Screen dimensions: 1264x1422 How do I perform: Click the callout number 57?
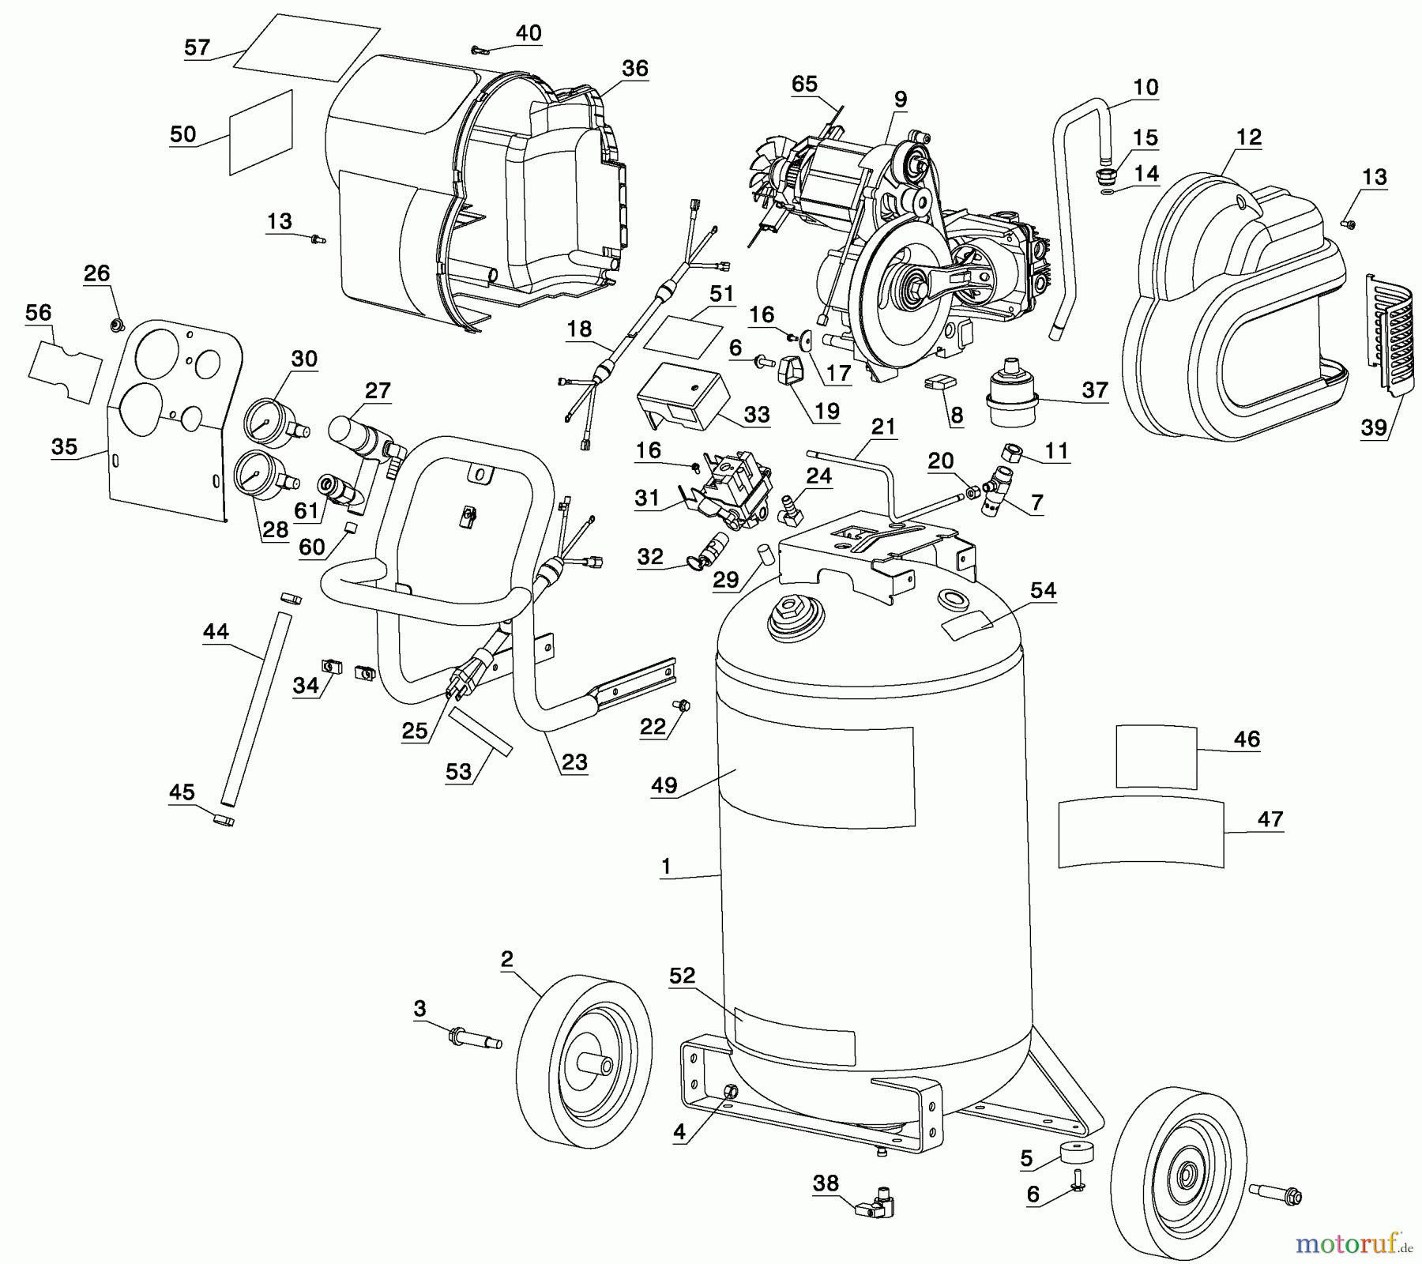(197, 47)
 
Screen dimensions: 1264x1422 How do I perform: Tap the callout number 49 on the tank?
(664, 785)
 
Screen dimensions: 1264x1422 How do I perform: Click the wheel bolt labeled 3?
(475, 1038)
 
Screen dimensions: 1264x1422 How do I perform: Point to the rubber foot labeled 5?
(1076, 1152)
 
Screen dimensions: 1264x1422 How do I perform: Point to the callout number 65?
(804, 84)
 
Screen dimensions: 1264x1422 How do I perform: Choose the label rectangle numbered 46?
(1156, 756)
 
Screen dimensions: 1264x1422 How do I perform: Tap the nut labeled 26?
(116, 323)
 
